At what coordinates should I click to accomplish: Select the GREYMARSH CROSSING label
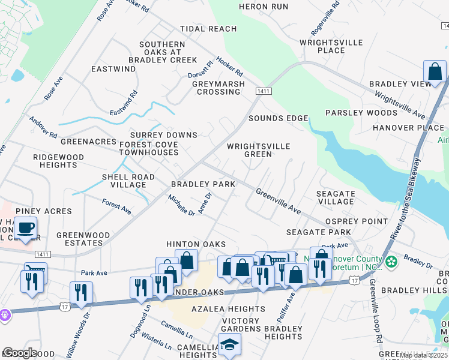click(218, 88)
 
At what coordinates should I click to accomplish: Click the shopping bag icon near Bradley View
click(434, 72)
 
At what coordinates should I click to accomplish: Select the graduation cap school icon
click(229, 345)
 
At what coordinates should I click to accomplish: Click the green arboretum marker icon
click(391, 262)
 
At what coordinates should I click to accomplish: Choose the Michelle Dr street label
click(181, 205)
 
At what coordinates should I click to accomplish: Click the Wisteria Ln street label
click(156, 345)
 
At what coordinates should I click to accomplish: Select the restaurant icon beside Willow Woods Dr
click(80, 293)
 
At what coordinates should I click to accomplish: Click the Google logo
click(19, 352)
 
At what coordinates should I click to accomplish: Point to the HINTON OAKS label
click(196, 244)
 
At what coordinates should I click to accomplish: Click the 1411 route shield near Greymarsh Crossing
click(262, 91)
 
